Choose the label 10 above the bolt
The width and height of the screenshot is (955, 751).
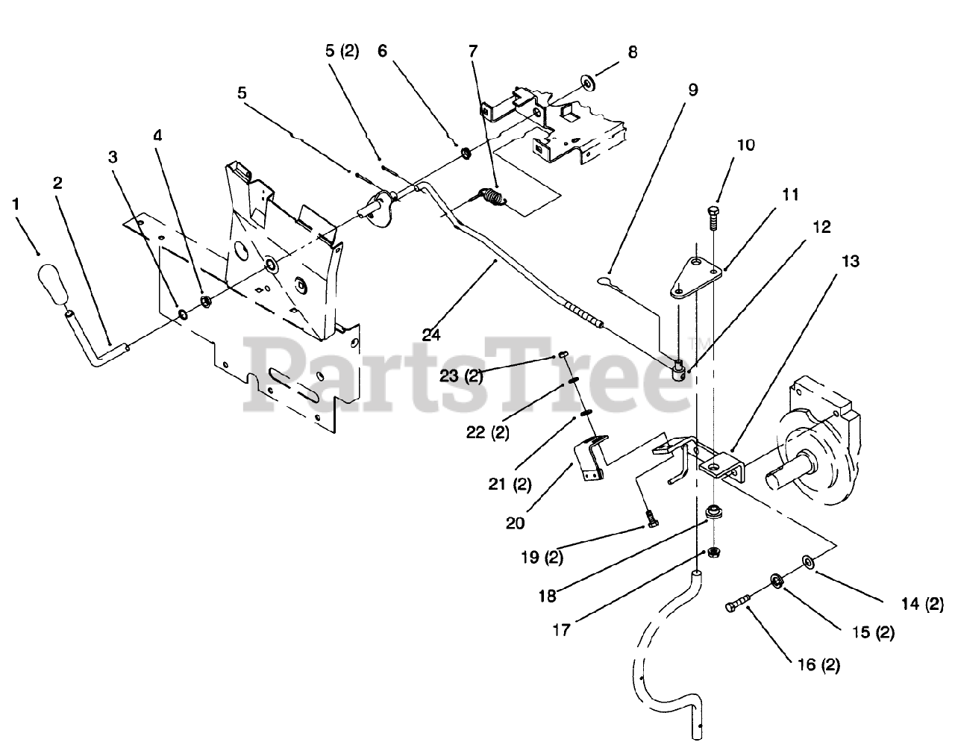coord(744,145)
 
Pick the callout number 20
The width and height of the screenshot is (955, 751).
coord(515,523)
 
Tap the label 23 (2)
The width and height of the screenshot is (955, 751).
coord(461,376)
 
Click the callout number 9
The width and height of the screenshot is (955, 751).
coord(692,90)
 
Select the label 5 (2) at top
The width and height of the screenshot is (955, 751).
coord(342,52)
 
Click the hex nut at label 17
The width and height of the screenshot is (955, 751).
coord(713,553)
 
